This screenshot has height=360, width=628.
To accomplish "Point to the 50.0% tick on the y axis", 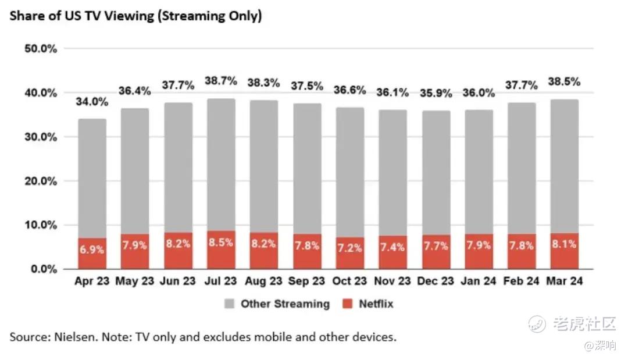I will point(41,49).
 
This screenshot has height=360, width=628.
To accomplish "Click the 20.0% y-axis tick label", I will point(41,181).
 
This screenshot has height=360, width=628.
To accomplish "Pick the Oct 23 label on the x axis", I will point(349,281).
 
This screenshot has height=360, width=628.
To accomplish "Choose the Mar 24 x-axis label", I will point(564,281).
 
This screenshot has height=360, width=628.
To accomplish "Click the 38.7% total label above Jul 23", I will point(221,81).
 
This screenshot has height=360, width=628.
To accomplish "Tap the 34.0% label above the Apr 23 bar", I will point(92,102).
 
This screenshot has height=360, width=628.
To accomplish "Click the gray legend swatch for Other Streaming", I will point(230,304).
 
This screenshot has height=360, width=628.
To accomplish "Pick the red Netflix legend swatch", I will point(348,304).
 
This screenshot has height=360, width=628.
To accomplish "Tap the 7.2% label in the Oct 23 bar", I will point(349,247).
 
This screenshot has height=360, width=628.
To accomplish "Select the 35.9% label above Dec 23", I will point(436,94).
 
